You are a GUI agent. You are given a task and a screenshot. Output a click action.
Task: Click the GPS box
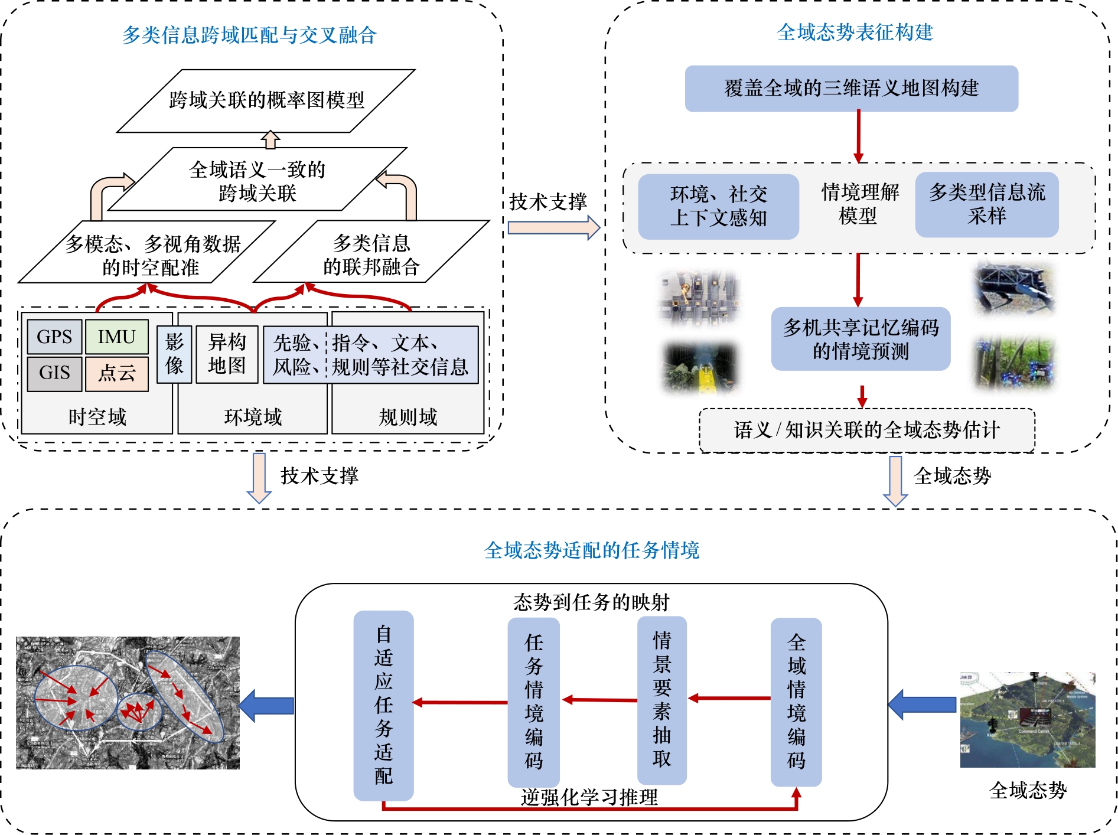coord(54,337)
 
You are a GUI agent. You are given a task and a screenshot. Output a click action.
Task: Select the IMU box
coord(116,337)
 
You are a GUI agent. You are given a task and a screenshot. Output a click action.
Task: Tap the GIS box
coord(54,373)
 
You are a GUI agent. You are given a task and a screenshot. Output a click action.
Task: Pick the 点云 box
coord(116,373)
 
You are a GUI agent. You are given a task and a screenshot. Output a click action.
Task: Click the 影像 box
coord(174,354)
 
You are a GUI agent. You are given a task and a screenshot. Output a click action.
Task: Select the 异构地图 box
coord(227,354)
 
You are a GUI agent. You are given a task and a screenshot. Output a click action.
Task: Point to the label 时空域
coord(97,417)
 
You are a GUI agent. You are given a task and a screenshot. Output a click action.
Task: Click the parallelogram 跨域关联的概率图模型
coord(266,100)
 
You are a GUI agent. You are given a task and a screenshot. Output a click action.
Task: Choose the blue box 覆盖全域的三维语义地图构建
coord(851,89)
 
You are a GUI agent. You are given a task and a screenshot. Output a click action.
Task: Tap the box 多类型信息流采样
coord(986,204)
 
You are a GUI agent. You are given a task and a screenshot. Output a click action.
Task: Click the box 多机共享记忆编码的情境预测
coord(860,339)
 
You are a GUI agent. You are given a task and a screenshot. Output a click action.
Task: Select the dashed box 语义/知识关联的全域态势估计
coord(866,430)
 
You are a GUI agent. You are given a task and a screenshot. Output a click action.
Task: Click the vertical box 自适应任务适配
coord(383,704)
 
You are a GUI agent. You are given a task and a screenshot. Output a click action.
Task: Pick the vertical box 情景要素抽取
coord(661,700)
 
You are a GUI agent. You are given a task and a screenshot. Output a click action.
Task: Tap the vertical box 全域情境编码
coord(796,702)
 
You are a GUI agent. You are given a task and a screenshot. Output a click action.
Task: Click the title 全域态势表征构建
coord(855,32)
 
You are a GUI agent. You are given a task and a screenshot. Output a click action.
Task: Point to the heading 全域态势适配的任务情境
coord(591,550)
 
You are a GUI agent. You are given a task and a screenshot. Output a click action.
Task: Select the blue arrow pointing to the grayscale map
coord(266,705)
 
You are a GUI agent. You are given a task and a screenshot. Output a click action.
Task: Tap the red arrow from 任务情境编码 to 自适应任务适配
coord(460,702)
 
